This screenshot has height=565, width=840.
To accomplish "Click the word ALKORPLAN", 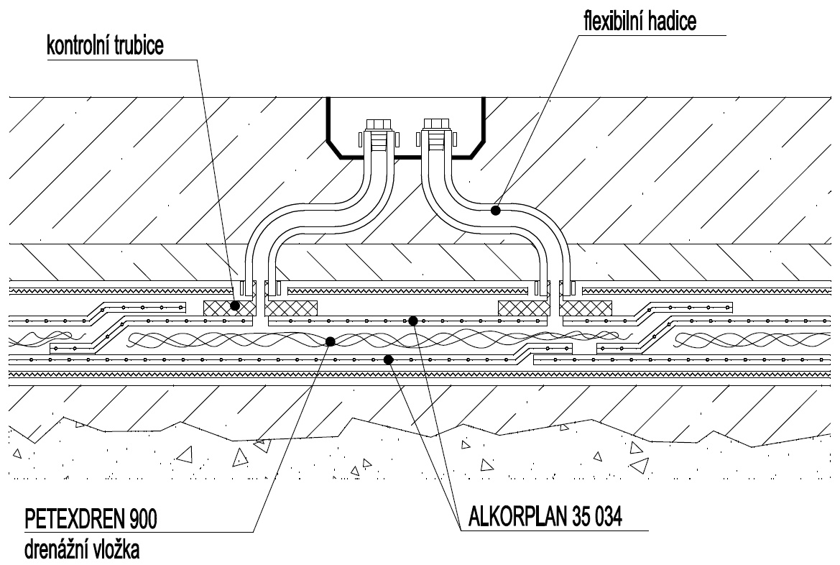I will pyautogui.click(x=515, y=516).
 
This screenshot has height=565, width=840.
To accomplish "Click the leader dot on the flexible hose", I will pyautogui.click(x=495, y=210).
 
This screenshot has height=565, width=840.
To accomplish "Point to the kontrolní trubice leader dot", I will pyautogui.click(x=234, y=306).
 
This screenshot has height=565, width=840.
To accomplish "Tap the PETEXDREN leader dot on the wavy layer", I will pyautogui.click(x=330, y=341).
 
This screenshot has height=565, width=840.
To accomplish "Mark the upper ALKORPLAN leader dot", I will pyautogui.click(x=413, y=321).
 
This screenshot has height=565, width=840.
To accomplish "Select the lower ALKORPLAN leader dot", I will pyautogui.click(x=388, y=358).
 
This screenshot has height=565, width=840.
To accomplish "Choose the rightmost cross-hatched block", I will pyautogui.click(x=586, y=308).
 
